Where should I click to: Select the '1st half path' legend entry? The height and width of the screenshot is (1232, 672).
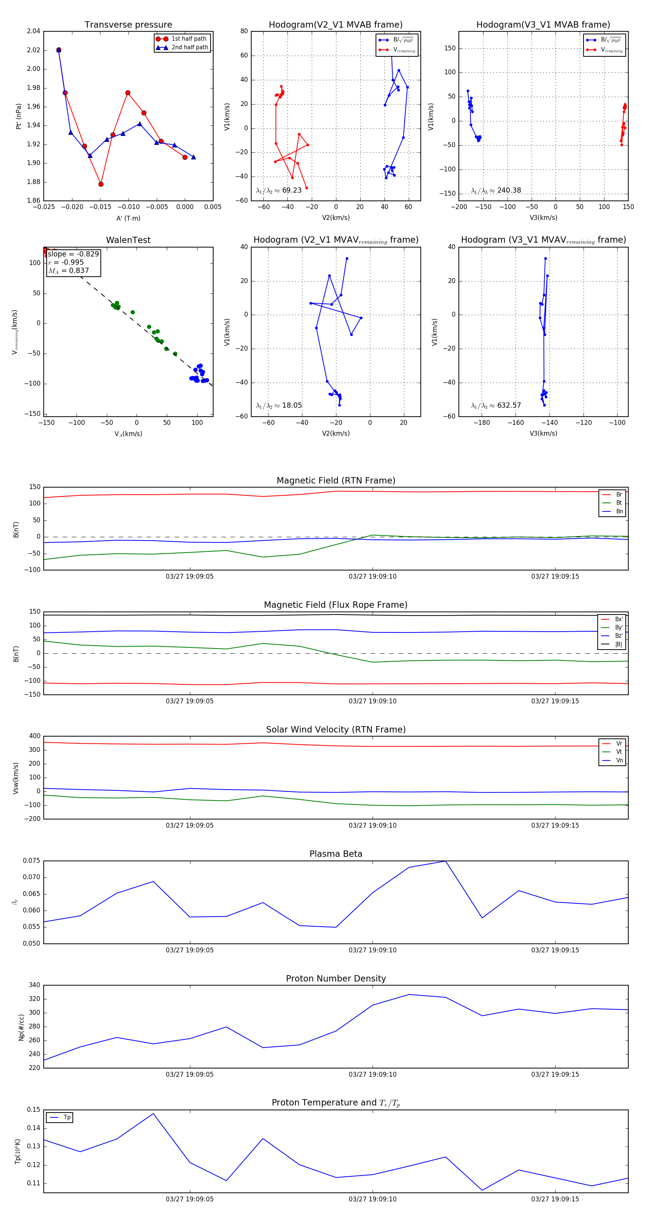tap(189, 39)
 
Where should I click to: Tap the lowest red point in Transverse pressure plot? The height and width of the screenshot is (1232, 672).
tap(101, 184)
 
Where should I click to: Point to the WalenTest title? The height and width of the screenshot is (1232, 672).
tap(128, 240)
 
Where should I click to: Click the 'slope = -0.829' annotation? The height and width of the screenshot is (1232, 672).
tap(73, 254)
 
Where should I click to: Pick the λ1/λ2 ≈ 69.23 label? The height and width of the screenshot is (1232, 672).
tap(279, 190)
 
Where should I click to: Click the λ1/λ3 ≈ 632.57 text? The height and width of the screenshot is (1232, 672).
tap(496, 405)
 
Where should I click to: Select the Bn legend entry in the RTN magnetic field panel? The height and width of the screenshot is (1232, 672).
tap(619, 511)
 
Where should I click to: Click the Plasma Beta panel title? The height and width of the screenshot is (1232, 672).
tap(336, 854)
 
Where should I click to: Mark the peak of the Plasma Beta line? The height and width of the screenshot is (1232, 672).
tap(445, 861)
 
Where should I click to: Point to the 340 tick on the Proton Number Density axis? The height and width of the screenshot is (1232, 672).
tap(34, 985)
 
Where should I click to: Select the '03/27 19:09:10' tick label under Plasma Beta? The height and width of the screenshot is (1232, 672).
tap(372, 950)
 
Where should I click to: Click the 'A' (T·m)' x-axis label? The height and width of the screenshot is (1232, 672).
tap(128, 218)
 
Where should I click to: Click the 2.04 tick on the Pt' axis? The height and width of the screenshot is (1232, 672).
tap(34, 31)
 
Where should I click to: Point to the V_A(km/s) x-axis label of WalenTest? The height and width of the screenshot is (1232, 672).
tap(128, 434)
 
